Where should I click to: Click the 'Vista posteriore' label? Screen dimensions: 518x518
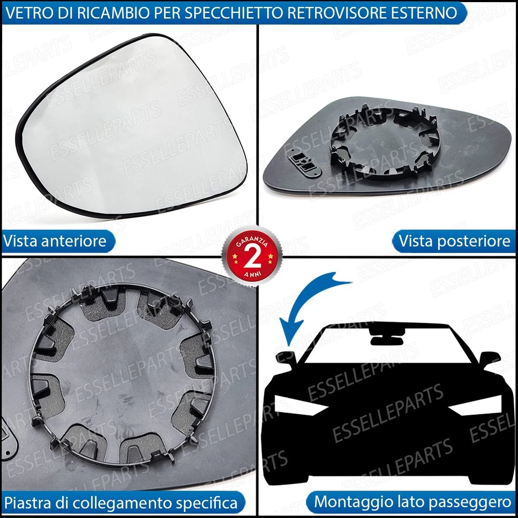click(454, 241)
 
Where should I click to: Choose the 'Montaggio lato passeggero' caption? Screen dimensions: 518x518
click(412, 502)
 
